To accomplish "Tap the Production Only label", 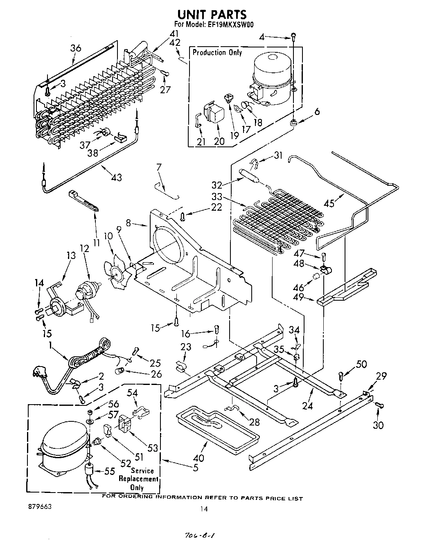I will pos(217,52).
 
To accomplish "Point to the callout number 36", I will pos(76,48).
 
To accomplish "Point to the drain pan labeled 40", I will pos(217,425).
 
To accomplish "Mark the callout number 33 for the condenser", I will pos(218,196).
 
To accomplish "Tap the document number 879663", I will pos(40,506).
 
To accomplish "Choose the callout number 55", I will pos(109,472).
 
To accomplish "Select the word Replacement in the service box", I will pos(138,479).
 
